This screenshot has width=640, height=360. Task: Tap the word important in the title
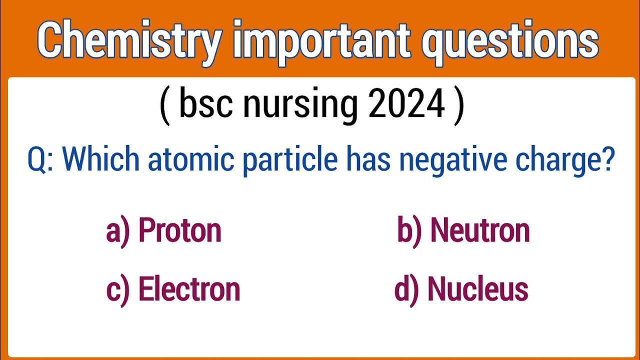point(320,41)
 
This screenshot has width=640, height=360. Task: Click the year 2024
point(406,104)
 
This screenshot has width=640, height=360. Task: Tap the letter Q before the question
point(38,159)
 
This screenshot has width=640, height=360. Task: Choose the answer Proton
point(179,230)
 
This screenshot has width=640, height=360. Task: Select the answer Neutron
point(479,230)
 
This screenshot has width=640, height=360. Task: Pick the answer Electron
point(189,289)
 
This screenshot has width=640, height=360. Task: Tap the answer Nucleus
point(477,289)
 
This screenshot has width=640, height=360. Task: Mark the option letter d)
point(406,289)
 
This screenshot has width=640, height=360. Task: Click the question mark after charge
point(607,158)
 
